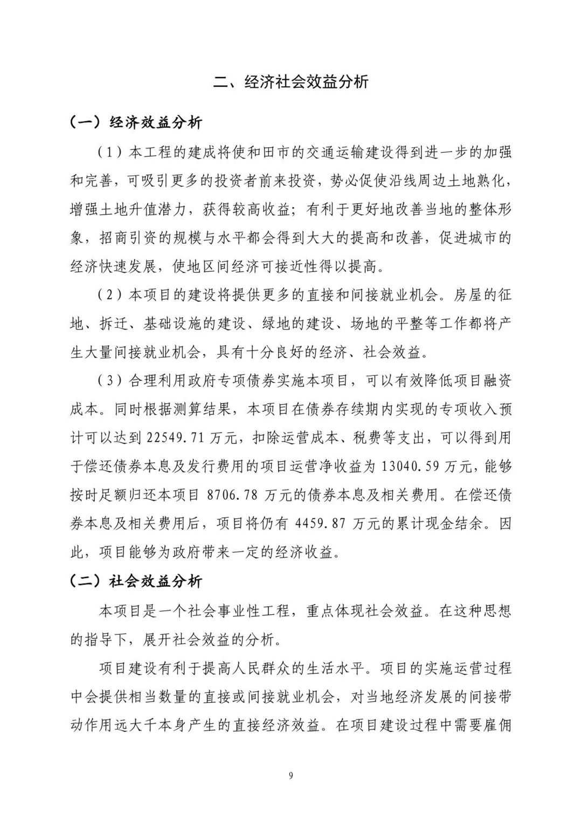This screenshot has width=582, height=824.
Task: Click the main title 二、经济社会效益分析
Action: (291, 81)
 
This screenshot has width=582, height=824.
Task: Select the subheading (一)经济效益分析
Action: (136, 122)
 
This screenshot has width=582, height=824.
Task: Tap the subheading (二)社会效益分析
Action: (136, 581)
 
